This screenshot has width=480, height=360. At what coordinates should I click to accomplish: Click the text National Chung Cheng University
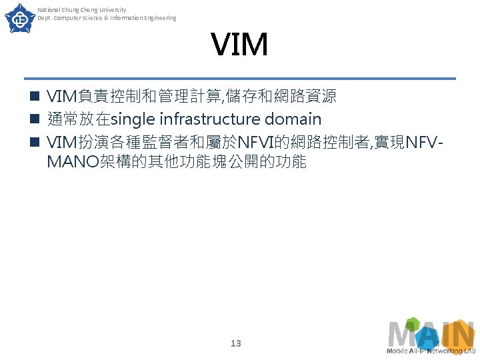[81, 9]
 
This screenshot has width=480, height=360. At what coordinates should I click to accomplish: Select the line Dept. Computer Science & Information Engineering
[107, 18]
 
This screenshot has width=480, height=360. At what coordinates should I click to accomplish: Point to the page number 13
[235, 343]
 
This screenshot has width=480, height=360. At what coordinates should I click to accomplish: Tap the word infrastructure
[207, 120]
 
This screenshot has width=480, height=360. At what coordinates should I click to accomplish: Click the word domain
[293, 120]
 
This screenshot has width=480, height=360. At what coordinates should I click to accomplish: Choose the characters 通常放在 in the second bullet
[78, 120]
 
